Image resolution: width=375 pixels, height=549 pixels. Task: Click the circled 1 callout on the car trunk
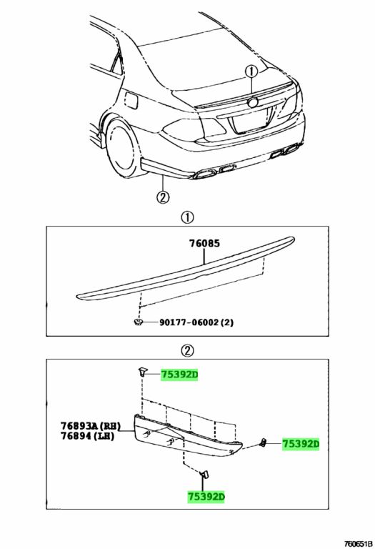click(x=251, y=71)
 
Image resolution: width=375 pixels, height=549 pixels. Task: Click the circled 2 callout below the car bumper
click(x=163, y=197)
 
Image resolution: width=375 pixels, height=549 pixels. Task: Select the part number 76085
click(x=204, y=243)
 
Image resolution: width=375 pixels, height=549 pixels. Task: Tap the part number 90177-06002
click(x=189, y=322)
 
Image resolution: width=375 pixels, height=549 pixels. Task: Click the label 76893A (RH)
click(x=91, y=426)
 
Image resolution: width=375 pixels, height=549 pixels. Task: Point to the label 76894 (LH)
click(x=87, y=436)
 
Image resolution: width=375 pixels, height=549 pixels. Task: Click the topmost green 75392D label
click(x=179, y=375)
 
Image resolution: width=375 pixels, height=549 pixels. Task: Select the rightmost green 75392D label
click(x=301, y=444)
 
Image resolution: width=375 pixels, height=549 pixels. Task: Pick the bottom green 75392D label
click(x=206, y=497)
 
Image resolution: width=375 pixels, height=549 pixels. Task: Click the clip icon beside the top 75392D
click(x=141, y=372)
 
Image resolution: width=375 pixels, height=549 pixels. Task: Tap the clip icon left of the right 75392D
click(x=263, y=442)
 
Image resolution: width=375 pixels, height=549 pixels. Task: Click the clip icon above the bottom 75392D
click(x=204, y=475)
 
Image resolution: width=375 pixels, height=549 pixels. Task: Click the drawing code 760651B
click(x=358, y=544)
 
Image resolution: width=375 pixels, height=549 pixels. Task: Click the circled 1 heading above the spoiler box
click(x=187, y=218)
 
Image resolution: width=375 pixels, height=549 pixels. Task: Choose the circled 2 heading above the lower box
click(x=187, y=350)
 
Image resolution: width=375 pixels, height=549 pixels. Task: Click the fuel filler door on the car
click(x=132, y=100)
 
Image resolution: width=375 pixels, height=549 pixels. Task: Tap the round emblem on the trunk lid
click(x=252, y=102)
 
